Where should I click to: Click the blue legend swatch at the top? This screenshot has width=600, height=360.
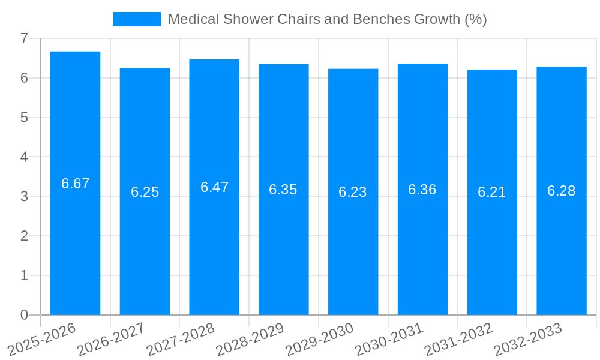tap(137, 19)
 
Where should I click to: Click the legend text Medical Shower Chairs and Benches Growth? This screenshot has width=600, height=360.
tap(327, 19)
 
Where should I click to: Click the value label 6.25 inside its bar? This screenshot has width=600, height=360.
tap(145, 192)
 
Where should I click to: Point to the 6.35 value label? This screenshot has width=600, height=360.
tap(283, 190)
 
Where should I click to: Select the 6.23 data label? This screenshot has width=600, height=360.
tap(353, 192)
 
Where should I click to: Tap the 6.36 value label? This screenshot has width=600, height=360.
tap(422, 190)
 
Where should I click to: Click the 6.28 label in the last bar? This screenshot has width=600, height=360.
tap(562, 191)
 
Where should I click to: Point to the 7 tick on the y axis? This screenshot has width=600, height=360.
tap(24, 38)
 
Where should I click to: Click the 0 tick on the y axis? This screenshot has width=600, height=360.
tap(24, 315)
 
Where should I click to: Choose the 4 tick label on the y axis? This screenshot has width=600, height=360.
tap(24, 157)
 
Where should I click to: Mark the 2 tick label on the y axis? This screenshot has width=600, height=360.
tap(24, 236)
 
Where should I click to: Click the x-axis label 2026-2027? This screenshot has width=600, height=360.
tap(112, 340)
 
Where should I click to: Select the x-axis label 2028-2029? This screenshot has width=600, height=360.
tap(250, 340)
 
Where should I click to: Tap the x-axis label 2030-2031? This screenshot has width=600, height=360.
tap(389, 340)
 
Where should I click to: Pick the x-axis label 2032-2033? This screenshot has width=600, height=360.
tap(528, 340)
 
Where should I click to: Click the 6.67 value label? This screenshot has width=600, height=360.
tap(75, 184)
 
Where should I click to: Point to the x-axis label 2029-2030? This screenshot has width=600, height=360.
tap(320, 340)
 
